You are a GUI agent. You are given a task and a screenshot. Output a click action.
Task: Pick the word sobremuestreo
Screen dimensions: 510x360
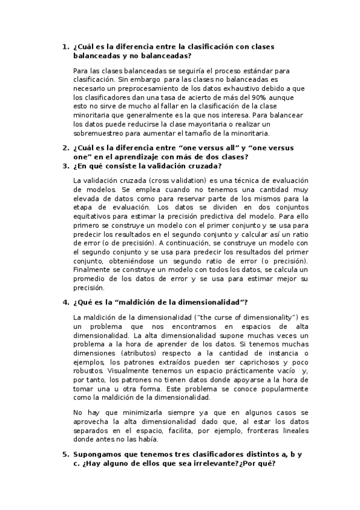[98, 132]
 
